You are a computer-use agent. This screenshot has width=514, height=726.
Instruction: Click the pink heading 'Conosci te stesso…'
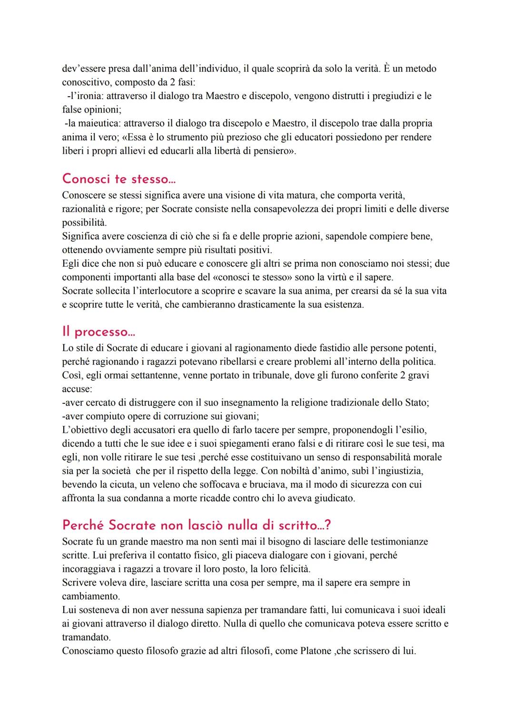tap(116, 179)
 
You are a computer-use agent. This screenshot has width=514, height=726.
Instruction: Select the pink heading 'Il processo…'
tap(99, 331)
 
